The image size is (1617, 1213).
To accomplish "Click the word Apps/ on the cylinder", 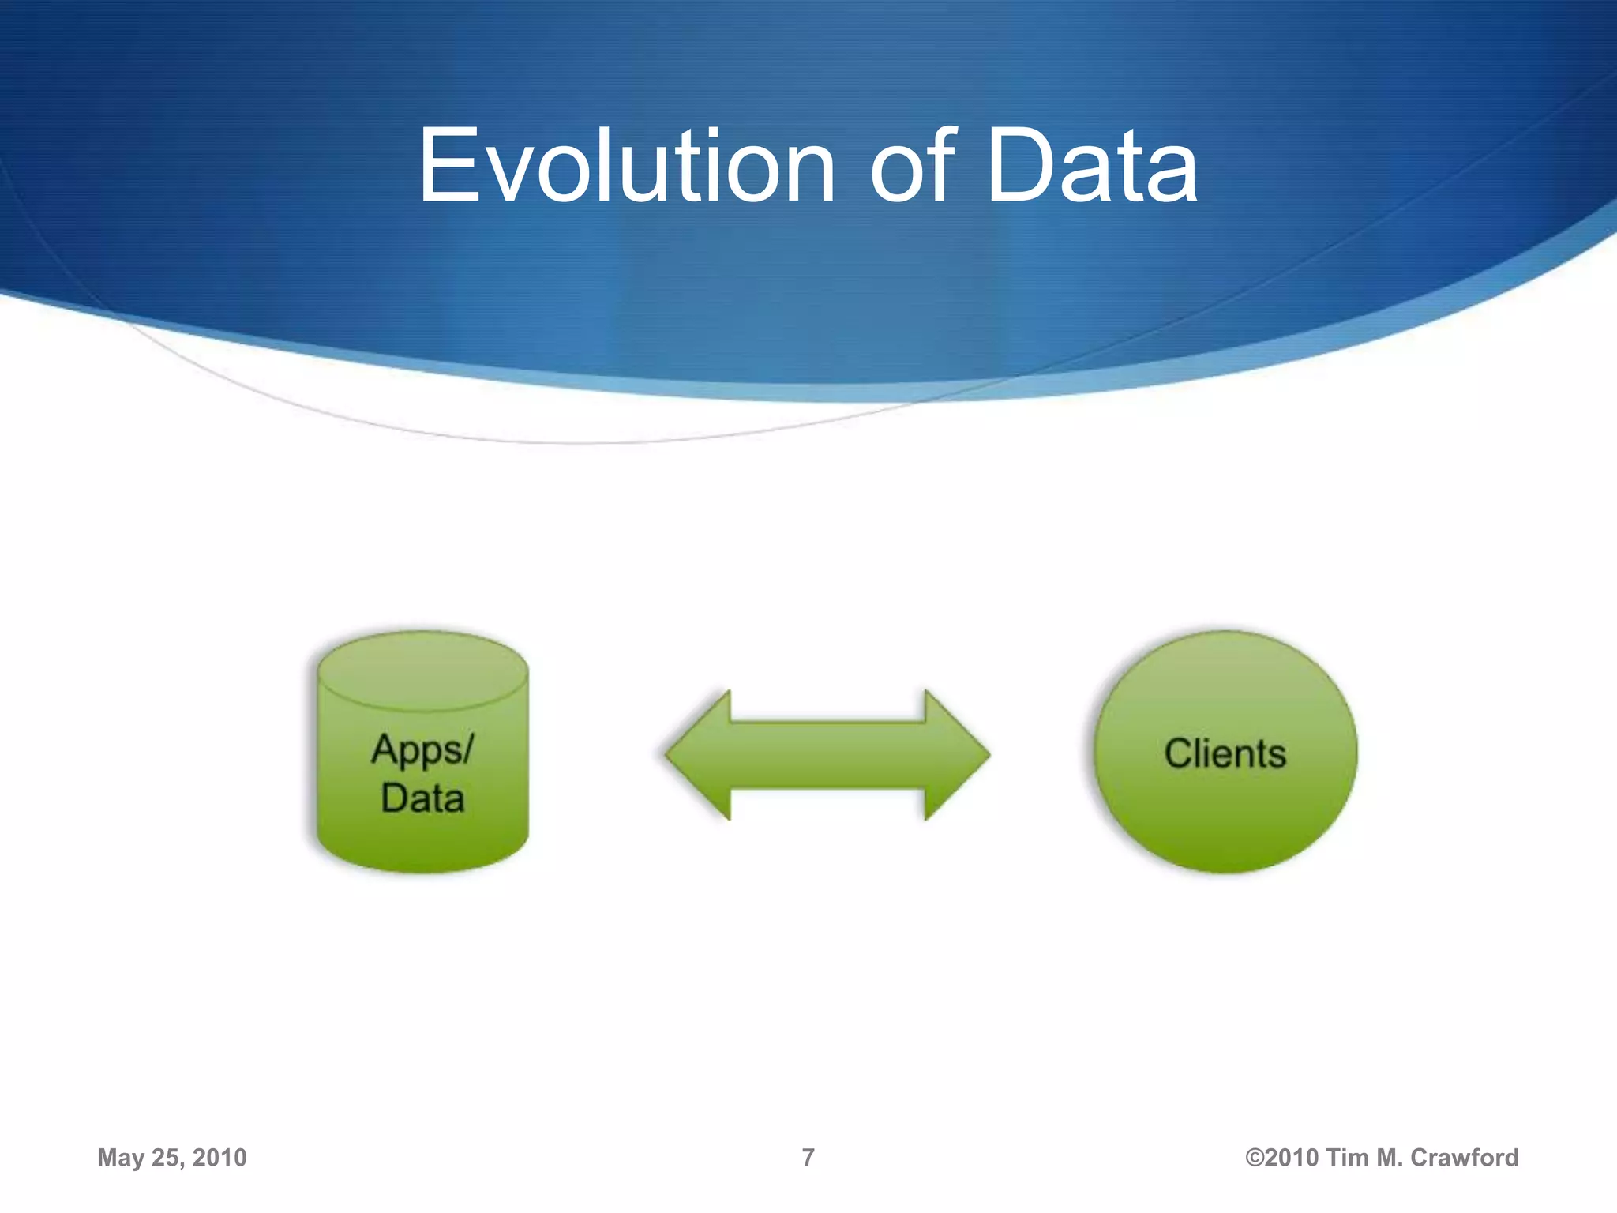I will pos(422,749).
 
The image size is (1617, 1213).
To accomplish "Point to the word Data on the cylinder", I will pos(422,798).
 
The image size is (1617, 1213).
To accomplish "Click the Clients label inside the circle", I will pos(1225,753).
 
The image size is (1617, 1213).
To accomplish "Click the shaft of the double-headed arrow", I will pos(827,754).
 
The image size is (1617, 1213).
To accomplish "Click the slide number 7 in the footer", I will pos(808,1158).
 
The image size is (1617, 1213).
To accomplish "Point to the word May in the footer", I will pos(121,1158).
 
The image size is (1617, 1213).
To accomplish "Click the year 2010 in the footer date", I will pos(219,1158).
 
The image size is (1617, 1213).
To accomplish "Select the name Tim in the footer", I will pos(1347,1158).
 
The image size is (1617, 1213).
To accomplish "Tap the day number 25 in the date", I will pos(166,1158).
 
